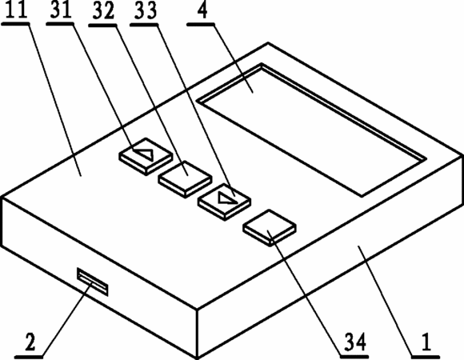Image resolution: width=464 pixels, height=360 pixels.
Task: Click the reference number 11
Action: pyautogui.click(x=17, y=10)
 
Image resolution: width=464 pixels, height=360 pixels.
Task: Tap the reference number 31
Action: pyautogui.click(x=61, y=10)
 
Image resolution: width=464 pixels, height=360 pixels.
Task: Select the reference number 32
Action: pyautogui.click(x=103, y=11)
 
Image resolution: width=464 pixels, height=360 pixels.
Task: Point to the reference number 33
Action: pyautogui.click(x=146, y=11)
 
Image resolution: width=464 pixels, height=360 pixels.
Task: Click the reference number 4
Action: pyautogui.click(x=202, y=10)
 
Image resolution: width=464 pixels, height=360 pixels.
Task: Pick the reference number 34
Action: pyautogui.click(x=355, y=342)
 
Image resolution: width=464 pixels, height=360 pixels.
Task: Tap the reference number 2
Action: pyautogui.click(x=30, y=342)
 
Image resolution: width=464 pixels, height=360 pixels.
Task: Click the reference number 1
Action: pyautogui.click(x=426, y=342)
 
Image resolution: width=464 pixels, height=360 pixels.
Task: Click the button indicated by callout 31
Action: pyautogui.click(x=146, y=157)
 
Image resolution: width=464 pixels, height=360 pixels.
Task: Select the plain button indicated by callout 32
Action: pyautogui.click(x=185, y=179)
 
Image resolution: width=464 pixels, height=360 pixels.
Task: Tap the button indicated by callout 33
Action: pyautogui.click(x=225, y=202)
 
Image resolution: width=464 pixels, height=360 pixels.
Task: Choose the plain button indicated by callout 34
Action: pyautogui.click(x=270, y=228)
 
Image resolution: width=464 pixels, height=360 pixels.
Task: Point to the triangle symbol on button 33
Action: pyautogui.click(x=227, y=198)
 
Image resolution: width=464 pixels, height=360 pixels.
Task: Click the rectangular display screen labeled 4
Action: pyautogui.click(x=311, y=130)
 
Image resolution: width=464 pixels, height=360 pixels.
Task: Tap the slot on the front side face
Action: pyautogui.click(x=93, y=282)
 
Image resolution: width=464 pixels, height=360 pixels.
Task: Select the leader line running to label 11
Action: pyautogui.click(x=54, y=100)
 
